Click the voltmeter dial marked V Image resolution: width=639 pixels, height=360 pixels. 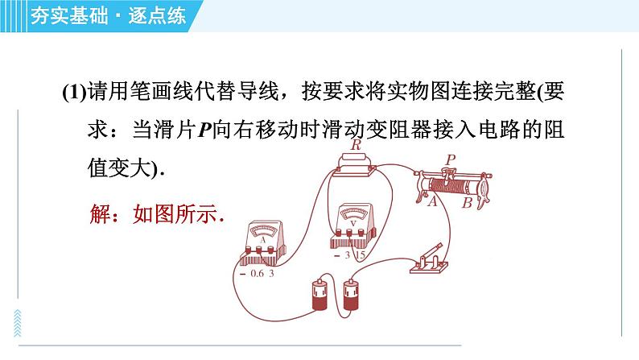(x=353, y=215)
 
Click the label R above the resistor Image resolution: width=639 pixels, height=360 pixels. (x=356, y=144)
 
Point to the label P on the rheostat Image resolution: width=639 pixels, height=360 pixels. (x=451, y=159)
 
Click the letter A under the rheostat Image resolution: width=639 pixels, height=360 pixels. (x=432, y=201)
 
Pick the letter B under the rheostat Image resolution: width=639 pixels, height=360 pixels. (x=467, y=202)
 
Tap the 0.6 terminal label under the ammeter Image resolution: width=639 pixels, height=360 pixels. (x=258, y=274)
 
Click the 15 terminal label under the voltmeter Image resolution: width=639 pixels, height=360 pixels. (x=360, y=255)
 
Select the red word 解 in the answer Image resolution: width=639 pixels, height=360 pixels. (x=100, y=213)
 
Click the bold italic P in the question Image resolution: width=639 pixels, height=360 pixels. (x=204, y=130)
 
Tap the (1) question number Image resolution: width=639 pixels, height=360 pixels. (x=74, y=92)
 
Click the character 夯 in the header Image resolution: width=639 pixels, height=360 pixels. (x=40, y=15)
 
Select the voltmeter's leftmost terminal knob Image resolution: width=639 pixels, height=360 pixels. (x=339, y=233)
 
